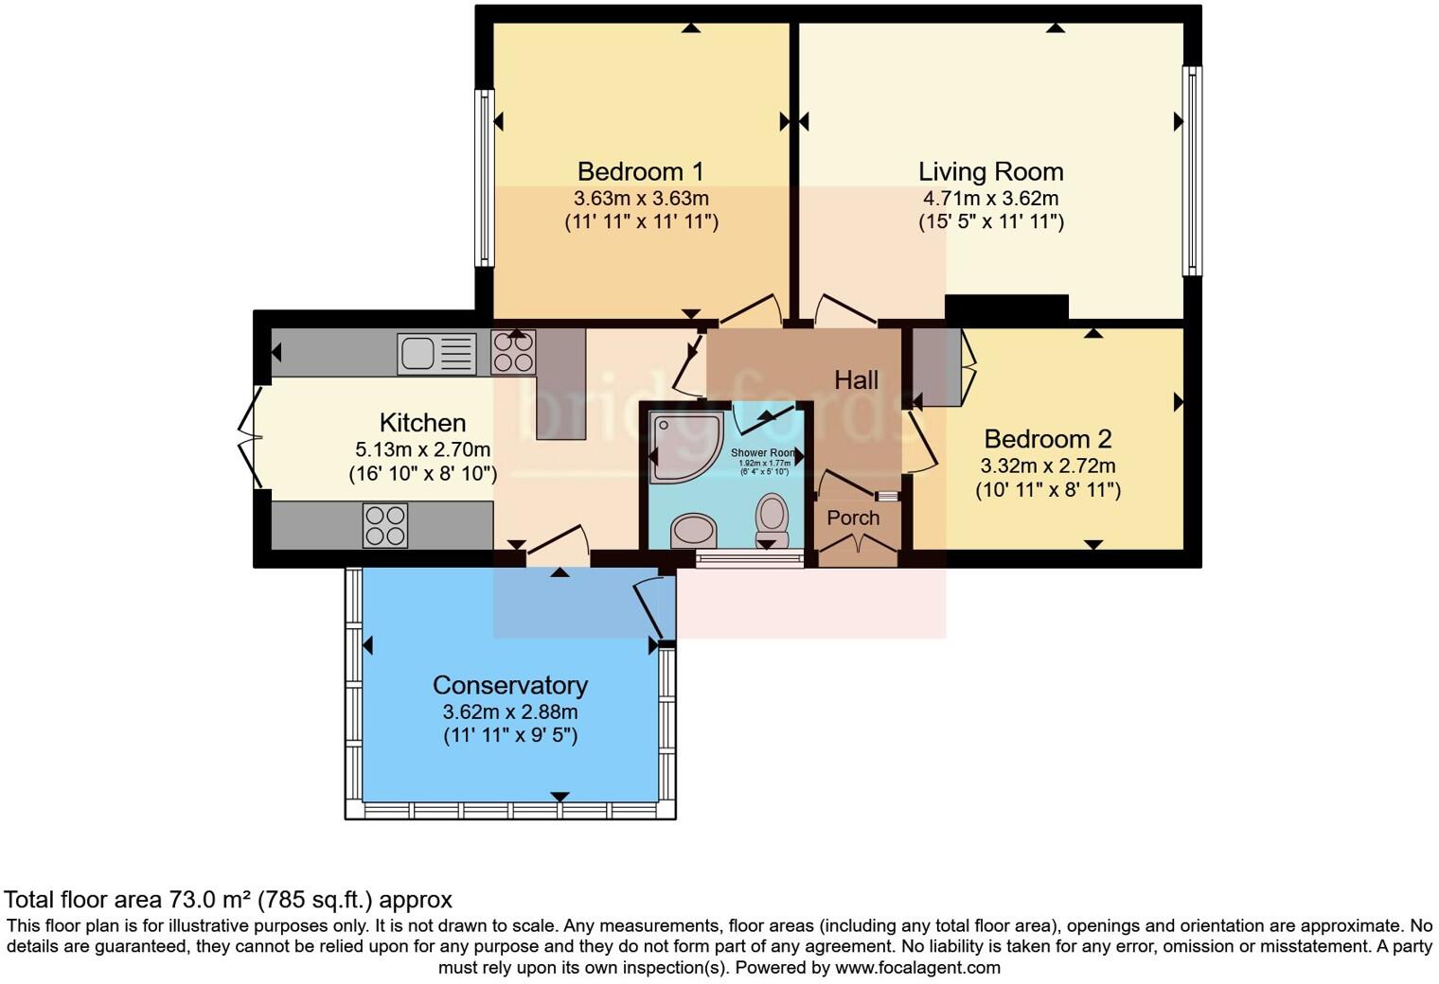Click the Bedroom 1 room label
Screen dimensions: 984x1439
(641, 171)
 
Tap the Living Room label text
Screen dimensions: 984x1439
(990, 171)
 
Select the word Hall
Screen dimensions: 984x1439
(856, 380)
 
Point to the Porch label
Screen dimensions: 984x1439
(853, 518)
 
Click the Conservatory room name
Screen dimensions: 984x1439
(509, 685)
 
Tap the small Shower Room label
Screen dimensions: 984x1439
(763, 453)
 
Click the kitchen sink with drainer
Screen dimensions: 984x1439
(436, 354)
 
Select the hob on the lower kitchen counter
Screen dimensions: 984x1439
(385, 525)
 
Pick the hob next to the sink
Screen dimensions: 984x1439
(513, 353)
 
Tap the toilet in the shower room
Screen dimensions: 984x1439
(772, 519)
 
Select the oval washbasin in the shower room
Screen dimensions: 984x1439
(694, 531)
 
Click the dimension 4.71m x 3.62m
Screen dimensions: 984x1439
(990, 199)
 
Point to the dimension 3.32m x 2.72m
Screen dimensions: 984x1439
(1047, 466)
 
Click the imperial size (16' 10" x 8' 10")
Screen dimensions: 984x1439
(422, 473)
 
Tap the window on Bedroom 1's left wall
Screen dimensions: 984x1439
(484, 177)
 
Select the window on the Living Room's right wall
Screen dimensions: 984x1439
(1193, 170)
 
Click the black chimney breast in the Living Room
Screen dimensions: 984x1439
(1006, 307)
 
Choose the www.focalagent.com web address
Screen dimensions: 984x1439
(917, 967)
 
